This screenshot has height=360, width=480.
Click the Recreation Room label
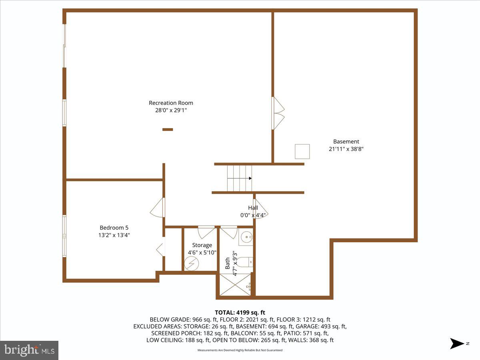[171, 103]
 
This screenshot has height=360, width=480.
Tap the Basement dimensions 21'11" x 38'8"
[346, 149]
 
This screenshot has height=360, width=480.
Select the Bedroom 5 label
[114, 228]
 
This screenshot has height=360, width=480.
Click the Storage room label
[202, 245]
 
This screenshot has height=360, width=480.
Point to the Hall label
[253, 208]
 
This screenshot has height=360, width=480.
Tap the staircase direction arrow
[250, 178]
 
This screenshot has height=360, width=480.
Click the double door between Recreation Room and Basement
[278, 113]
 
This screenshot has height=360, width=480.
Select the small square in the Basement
[302, 152]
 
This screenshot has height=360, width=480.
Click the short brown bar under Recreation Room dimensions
[168, 129]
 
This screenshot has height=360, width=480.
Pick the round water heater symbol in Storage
[191, 263]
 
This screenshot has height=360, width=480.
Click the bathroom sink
[246, 237]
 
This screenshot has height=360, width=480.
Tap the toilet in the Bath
[246, 262]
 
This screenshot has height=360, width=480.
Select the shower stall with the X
[235, 285]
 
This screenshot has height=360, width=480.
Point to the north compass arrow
[456, 343]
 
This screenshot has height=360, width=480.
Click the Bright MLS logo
[29, 350]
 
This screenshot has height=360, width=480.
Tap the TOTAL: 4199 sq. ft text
[240, 312]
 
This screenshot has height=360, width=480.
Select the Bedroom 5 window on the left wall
[64, 236]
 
